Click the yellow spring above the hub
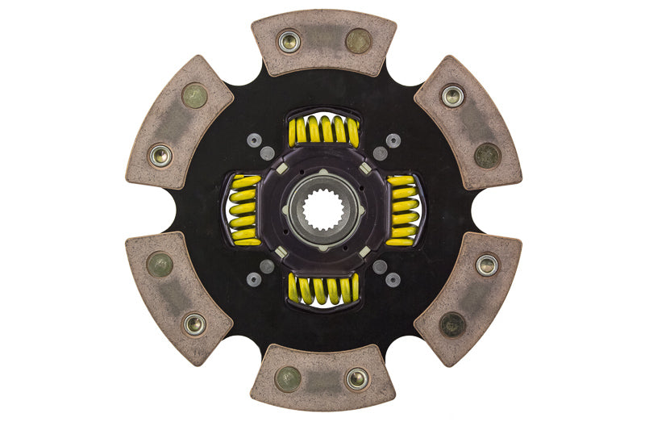323,129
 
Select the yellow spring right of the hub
402,210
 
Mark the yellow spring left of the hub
244,210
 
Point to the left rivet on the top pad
289,41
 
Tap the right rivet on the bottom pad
357,378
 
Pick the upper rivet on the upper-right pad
452,96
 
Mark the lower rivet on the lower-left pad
194,324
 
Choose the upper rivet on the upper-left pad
194,96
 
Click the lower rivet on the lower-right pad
452,324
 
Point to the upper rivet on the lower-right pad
487,264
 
